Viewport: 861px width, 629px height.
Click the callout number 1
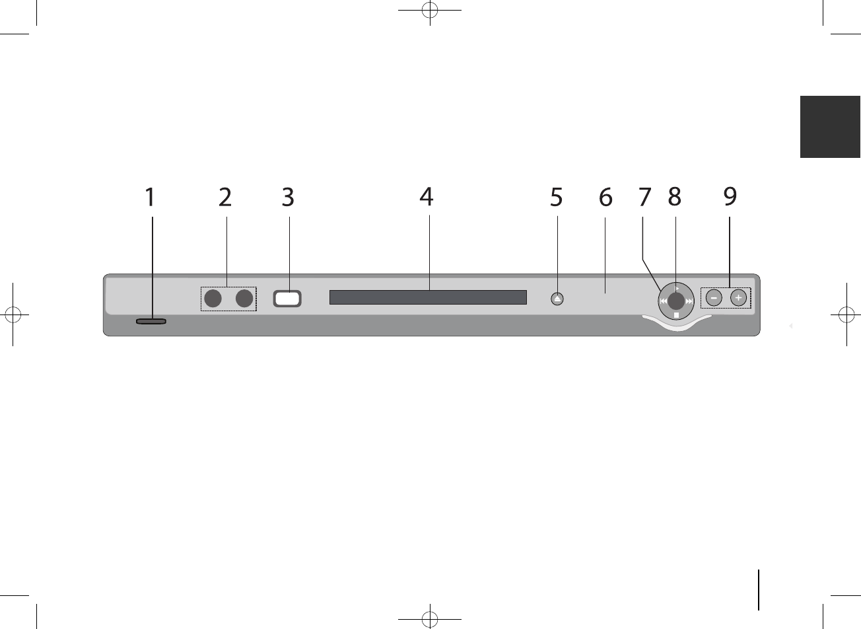(151, 197)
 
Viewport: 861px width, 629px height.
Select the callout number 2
(226, 197)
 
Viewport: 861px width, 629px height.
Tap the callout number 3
(288, 197)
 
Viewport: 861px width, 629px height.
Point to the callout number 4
(427, 197)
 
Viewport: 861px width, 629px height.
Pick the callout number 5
(557, 197)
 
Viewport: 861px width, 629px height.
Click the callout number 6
(605, 197)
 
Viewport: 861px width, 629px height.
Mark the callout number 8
(674, 197)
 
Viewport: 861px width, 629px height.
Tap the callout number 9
(729, 197)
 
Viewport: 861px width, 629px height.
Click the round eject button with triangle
(557, 299)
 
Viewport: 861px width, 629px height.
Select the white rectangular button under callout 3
(287, 299)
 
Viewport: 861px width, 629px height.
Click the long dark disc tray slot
(428, 297)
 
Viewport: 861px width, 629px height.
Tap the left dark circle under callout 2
(212, 299)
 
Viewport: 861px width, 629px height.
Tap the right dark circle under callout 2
(245, 299)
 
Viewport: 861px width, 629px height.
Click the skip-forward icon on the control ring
(689, 301)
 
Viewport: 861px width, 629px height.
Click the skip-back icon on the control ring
(663, 301)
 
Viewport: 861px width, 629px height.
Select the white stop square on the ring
(677, 316)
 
